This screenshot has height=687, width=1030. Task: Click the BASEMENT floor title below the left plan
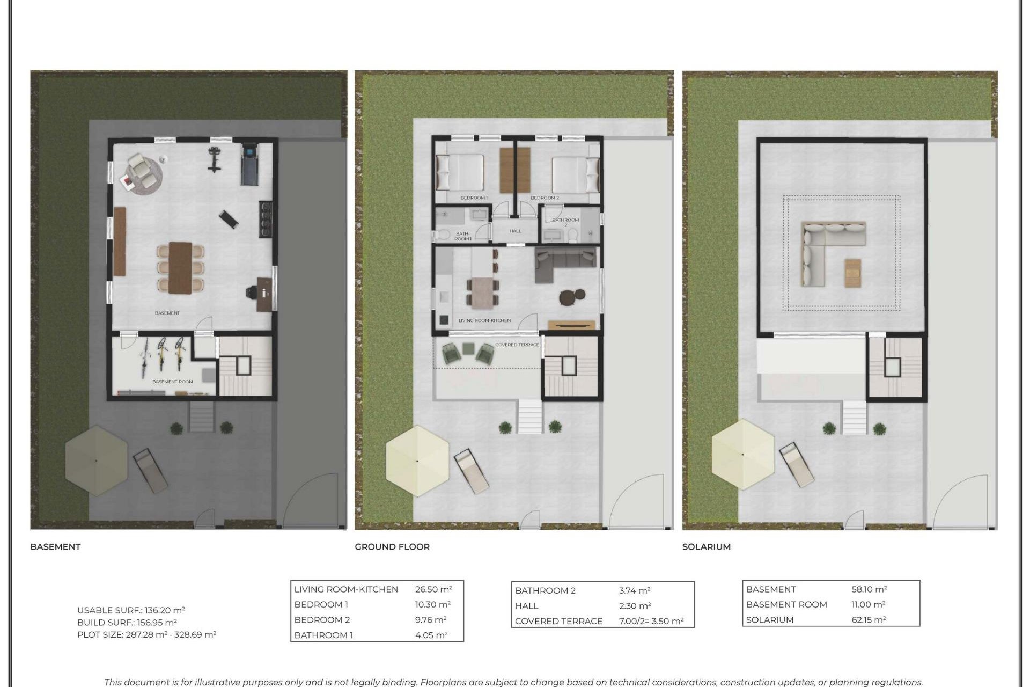(x=55, y=546)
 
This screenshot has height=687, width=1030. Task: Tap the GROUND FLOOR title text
(x=392, y=546)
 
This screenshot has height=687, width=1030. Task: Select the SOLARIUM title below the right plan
(x=706, y=546)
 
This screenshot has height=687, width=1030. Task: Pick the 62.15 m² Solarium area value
(x=869, y=619)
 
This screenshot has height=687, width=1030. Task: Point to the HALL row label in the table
(x=526, y=606)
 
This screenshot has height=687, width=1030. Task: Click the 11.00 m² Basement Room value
(x=868, y=604)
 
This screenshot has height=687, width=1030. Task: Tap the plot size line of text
(x=146, y=634)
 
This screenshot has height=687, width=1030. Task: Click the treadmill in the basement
(x=249, y=164)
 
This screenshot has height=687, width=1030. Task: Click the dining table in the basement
(x=180, y=267)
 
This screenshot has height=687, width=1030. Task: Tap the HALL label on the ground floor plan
(x=515, y=231)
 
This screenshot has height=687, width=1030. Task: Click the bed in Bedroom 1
(x=460, y=172)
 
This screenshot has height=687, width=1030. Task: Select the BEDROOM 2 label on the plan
(x=545, y=198)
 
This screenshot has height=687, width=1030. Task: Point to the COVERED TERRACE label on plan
(x=517, y=345)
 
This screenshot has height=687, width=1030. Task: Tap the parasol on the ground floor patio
(x=417, y=461)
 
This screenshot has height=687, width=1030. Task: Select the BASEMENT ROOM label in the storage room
(x=172, y=382)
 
